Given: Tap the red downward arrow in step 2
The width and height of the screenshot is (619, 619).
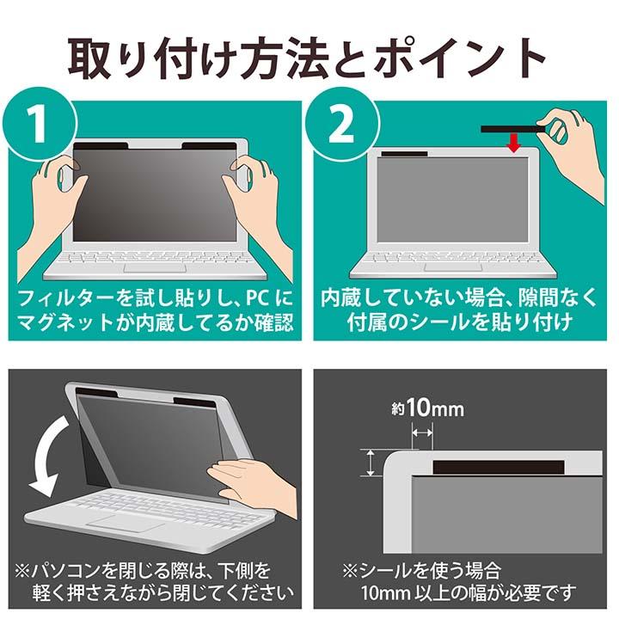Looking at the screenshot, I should coord(514,144).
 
